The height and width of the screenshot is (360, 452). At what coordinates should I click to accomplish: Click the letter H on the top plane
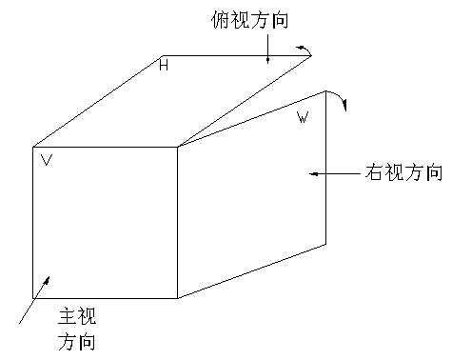point(163,66)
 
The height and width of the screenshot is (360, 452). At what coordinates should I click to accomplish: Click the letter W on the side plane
point(303,118)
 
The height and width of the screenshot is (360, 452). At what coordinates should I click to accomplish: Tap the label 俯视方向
point(249,19)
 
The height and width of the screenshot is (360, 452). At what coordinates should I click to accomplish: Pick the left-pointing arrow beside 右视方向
point(334,173)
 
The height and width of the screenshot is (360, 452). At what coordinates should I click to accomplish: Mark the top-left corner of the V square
point(33,147)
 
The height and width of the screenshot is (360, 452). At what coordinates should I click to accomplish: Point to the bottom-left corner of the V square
point(33,298)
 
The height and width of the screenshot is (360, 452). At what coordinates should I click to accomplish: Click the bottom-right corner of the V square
point(177,298)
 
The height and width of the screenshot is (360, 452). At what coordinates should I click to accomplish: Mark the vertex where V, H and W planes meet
point(177,147)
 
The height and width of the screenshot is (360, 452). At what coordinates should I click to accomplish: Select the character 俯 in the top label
point(219,19)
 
